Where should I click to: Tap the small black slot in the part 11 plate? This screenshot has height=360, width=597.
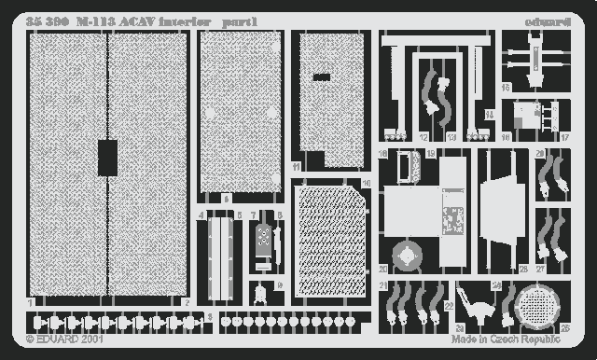click(x=321, y=76)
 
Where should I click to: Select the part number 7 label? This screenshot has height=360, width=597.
click(x=253, y=215)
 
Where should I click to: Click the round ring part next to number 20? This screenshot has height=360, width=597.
click(x=406, y=256)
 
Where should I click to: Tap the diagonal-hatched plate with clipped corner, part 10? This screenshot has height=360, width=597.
click(x=330, y=241)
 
